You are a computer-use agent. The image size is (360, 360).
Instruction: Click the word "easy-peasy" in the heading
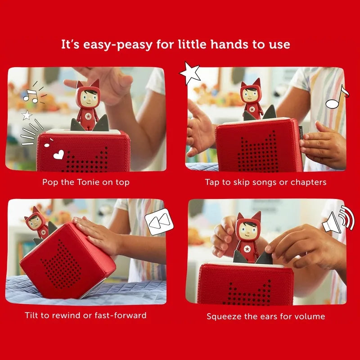point(117,45)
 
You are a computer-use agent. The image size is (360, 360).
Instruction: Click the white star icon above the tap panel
point(190,73)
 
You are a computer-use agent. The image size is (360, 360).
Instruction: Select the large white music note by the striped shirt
point(337,97)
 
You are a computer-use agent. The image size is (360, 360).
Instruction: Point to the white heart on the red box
point(58,154)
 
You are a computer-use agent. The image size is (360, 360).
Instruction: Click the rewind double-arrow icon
point(159,221)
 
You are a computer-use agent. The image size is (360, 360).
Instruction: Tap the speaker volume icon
point(338,220)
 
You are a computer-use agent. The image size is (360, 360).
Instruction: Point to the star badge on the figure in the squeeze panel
point(247,249)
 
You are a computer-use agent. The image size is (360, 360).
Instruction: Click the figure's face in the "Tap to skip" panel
point(251,97)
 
